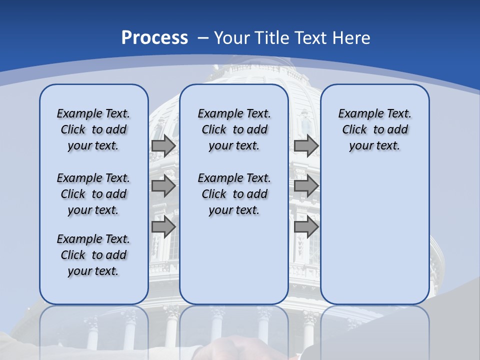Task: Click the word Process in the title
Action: (154, 38)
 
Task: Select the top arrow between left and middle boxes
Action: (163, 145)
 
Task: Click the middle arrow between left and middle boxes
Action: (163, 186)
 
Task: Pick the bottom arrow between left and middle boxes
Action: (163, 226)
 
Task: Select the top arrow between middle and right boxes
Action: (306, 145)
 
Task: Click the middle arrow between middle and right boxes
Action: (306, 186)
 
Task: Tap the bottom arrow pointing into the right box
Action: (306, 226)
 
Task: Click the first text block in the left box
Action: (93, 129)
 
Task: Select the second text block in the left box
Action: (93, 194)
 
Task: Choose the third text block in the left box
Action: (93, 255)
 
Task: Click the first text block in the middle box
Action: (234, 129)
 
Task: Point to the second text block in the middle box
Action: (234, 194)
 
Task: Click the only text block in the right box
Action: (374, 129)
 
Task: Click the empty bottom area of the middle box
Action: (234, 265)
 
